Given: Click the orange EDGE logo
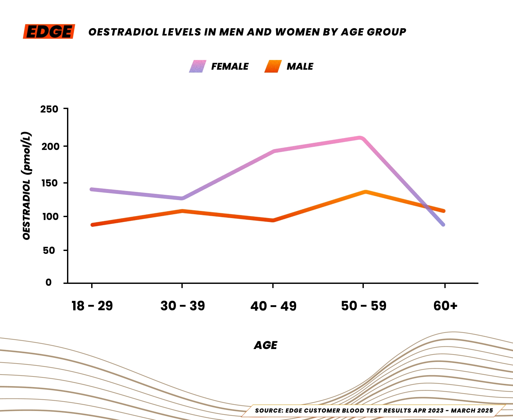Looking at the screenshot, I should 49,32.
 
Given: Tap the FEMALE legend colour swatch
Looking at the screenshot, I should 198,66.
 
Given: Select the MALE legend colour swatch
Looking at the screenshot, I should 273,66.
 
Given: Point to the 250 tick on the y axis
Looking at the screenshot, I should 49,109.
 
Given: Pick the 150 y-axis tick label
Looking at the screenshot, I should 50,183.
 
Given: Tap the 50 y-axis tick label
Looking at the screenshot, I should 49,250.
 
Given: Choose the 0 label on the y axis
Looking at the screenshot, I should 48,283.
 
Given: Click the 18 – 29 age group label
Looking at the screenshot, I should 92,306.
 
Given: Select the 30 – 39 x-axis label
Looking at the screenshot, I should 182,306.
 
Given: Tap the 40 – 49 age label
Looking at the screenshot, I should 273,306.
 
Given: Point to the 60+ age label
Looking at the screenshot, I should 445,306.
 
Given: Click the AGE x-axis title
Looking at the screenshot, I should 266,345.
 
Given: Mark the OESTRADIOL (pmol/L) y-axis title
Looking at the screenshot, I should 27,185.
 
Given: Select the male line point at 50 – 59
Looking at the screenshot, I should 365,192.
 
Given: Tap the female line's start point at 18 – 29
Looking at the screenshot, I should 92,189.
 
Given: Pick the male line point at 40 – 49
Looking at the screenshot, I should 273,220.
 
